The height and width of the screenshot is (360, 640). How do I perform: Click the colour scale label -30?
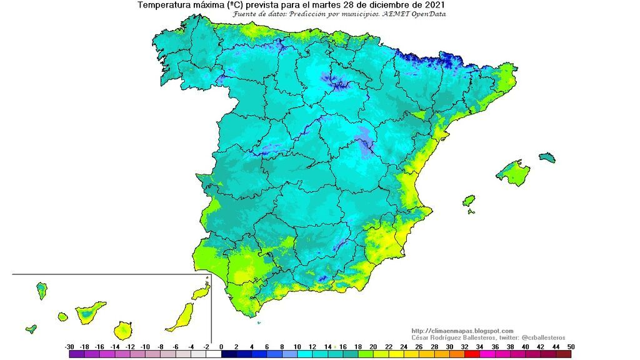69,346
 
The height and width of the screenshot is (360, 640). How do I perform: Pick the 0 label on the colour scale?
221,346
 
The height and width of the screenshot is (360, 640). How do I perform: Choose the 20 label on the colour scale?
373,346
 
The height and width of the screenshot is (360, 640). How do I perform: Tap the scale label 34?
479,346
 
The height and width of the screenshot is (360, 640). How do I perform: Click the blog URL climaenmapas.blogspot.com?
462,331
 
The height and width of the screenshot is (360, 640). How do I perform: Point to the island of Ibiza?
469,201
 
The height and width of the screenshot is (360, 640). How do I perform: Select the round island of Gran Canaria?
123,329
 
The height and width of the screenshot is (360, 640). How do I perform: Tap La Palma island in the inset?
42,290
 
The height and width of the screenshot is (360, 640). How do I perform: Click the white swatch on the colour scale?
214,354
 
